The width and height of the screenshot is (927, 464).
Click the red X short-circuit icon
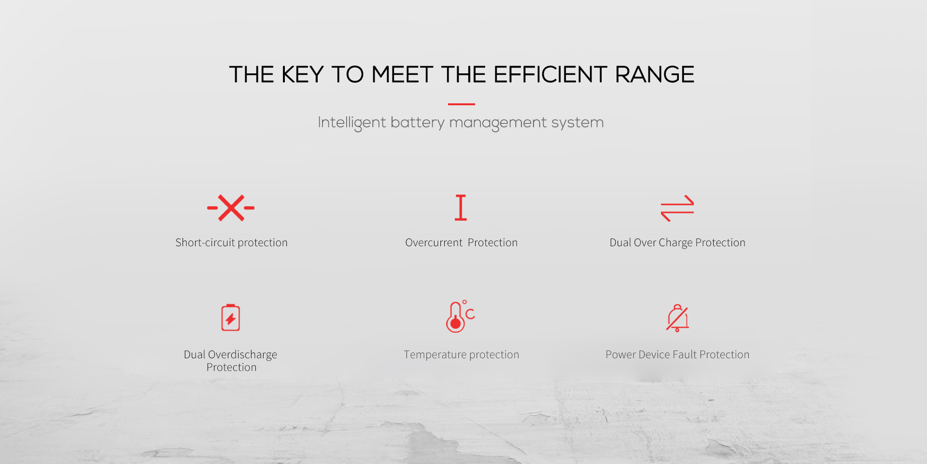[x=231, y=208]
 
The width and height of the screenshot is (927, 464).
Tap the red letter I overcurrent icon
[x=461, y=208]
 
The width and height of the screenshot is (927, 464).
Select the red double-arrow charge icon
[x=677, y=208]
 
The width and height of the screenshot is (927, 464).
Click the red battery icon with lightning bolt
[x=231, y=317]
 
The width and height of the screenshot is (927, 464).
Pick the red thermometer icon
[x=456, y=318]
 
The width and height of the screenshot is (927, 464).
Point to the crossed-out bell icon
[x=677, y=318]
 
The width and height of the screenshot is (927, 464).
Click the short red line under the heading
[x=462, y=104]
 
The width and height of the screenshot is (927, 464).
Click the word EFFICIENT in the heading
[x=550, y=75]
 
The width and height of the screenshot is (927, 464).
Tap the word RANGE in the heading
[x=655, y=75]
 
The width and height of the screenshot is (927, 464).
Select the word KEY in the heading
[x=302, y=75]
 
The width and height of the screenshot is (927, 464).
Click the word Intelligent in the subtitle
[x=352, y=123]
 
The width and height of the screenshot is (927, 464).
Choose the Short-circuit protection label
[x=231, y=242]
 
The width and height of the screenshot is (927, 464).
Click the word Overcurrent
[x=434, y=242]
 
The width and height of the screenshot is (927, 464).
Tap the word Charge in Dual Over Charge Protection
[x=675, y=243]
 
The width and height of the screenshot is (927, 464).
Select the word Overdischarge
[x=242, y=355]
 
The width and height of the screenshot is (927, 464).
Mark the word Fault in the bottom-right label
[x=685, y=354]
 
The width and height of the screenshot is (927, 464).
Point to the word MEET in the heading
[x=402, y=75]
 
